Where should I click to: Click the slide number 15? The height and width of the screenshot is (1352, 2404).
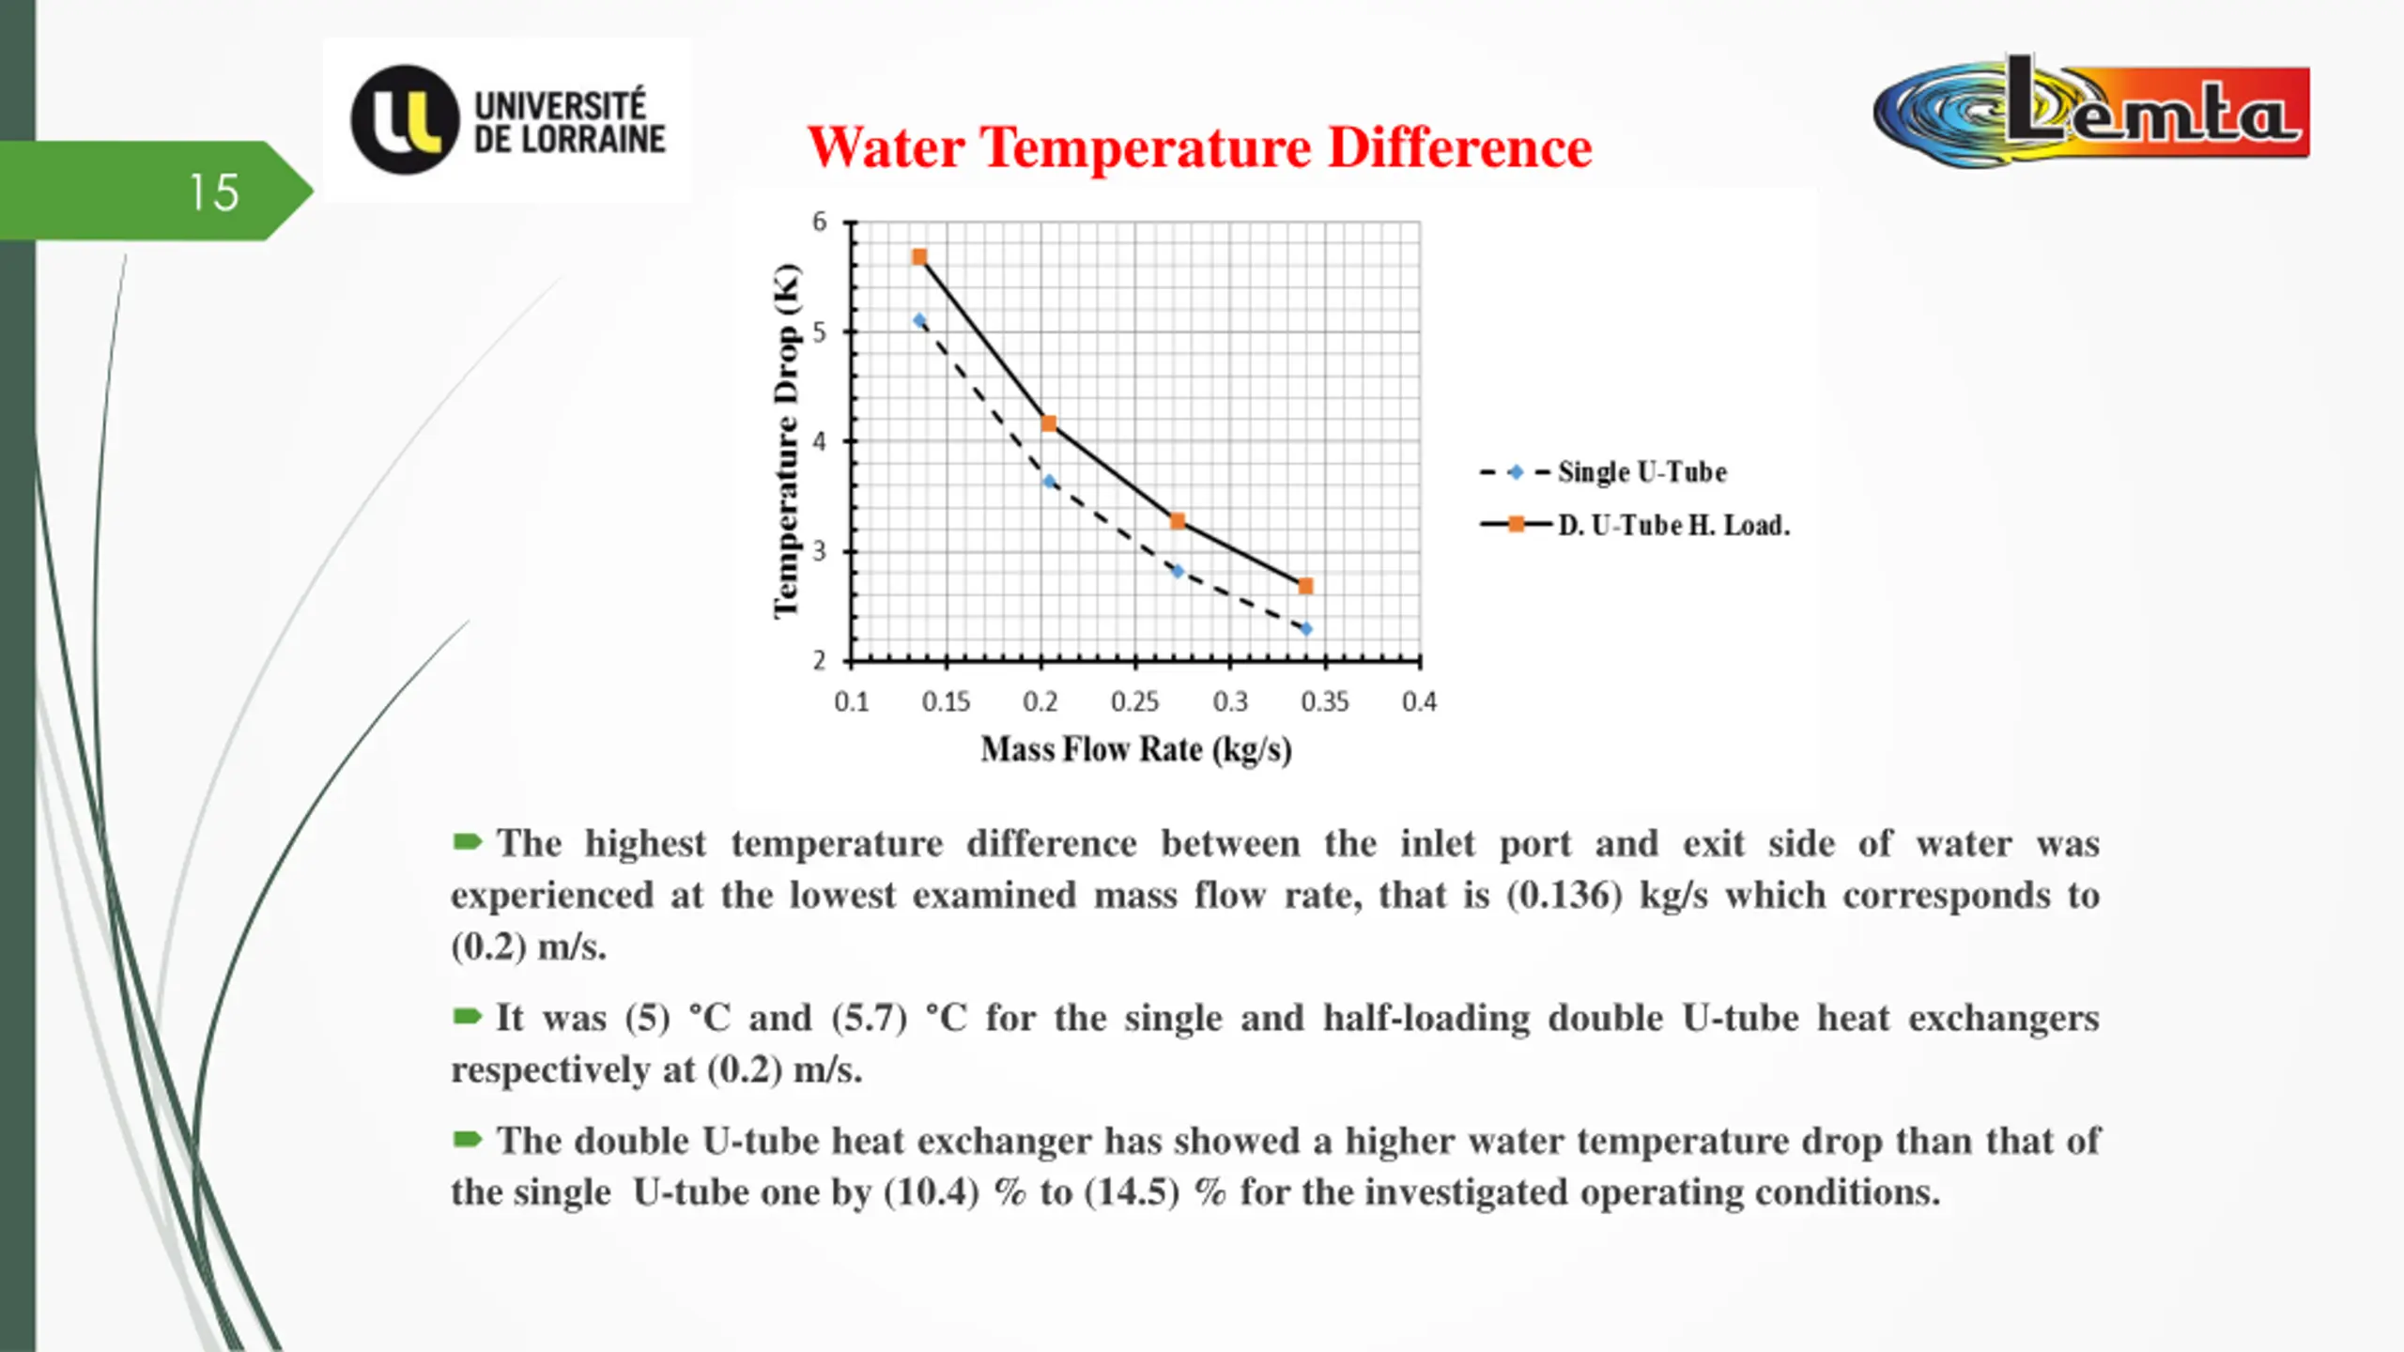pyautogui.click(x=214, y=192)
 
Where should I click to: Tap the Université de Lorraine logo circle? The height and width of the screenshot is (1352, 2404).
pyautogui.click(x=405, y=120)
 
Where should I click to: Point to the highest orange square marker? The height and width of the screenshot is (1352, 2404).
pyautogui.click(x=919, y=257)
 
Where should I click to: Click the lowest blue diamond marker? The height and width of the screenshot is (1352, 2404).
pyautogui.click(x=1305, y=629)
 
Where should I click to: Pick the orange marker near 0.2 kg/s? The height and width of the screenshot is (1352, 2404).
pyautogui.click(x=1049, y=423)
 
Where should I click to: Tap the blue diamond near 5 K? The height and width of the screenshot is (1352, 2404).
pyautogui.click(x=919, y=321)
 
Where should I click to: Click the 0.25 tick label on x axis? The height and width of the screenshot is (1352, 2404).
pyautogui.click(x=1134, y=701)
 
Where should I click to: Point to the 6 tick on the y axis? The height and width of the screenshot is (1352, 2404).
pyautogui.click(x=820, y=223)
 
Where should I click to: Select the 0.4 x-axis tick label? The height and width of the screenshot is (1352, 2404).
pyautogui.click(x=1419, y=701)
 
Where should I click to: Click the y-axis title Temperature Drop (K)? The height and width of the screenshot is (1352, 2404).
pyautogui.click(x=786, y=441)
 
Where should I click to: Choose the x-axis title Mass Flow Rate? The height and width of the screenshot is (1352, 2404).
pyautogui.click(x=1136, y=749)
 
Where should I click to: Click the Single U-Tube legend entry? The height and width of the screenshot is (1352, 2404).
pyautogui.click(x=1641, y=471)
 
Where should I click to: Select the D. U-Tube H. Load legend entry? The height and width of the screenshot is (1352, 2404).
pyautogui.click(x=1672, y=525)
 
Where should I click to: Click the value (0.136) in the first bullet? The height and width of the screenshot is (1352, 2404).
pyautogui.click(x=1564, y=896)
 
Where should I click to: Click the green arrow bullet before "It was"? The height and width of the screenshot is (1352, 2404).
pyautogui.click(x=467, y=1017)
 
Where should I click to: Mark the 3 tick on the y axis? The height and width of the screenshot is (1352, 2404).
pyautogui.click(x=820, y=551)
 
